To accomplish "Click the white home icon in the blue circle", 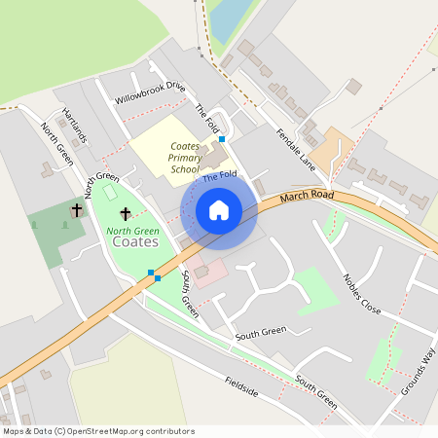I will [x=219, y=209].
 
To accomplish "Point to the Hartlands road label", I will [x=74, y=126].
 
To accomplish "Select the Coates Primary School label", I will [x=185, y=157].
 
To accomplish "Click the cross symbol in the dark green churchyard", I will [x=77, y=209].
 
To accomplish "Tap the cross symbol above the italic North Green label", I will [x=125, y=213].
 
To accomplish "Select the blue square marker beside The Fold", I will [x=222, y=139].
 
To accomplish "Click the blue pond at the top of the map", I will [x=229, y=19].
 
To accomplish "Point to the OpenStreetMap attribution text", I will [x=99, y=430].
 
